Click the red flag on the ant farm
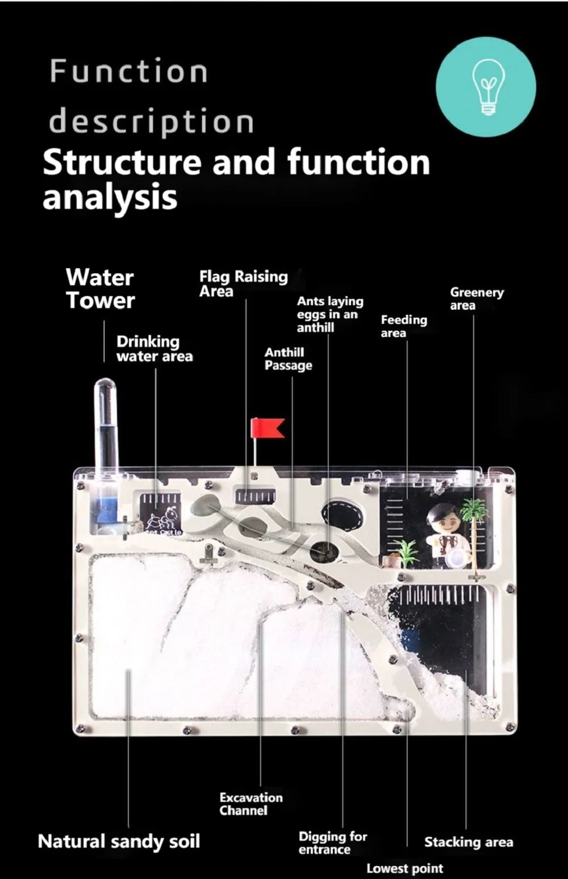[268, 428]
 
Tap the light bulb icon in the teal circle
[487, 87]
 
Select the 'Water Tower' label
[101, 289]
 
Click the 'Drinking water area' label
[154, 348]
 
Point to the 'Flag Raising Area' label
[244, 284]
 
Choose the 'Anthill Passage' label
[289, 359]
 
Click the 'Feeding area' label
[404, 326]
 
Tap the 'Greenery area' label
[477, 299]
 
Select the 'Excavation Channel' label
[251, 803]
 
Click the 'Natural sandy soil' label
[119, 841]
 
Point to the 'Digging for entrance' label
[333, 843]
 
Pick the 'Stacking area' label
[469, 842]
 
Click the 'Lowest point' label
[405, 868]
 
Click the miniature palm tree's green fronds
[475, 509]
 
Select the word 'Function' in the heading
[129, 71]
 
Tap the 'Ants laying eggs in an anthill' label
[330, 314]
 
